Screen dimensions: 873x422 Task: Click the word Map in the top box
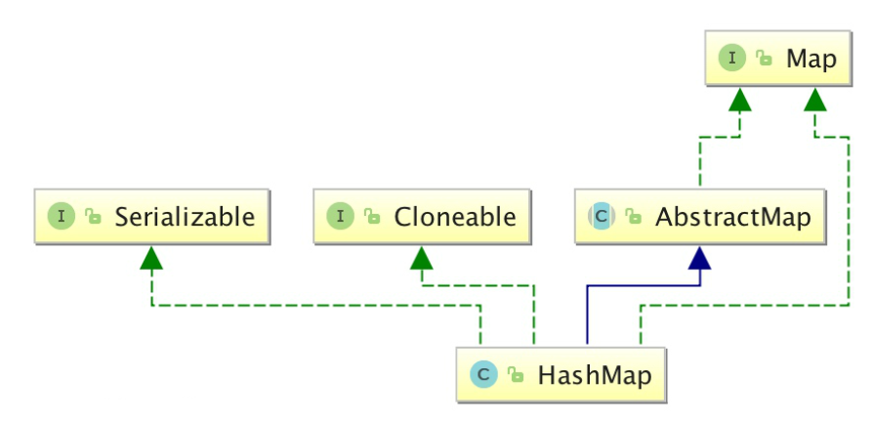[x=811, y=59]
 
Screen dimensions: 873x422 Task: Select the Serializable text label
[x=185, y=217]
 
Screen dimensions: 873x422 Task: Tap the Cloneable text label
[x=455, y=217]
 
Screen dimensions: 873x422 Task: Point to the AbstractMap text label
[x=732, y=217]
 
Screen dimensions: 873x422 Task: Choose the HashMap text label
[x=595, y=375]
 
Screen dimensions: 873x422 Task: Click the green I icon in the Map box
[x=731, y=58]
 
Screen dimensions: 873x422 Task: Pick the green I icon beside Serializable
[x=62, y=217]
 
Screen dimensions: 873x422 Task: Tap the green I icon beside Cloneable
[x=340, y=217]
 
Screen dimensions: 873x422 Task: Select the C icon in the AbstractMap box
[x=602, y=217]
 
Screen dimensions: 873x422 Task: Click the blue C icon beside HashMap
[x=483, y=375]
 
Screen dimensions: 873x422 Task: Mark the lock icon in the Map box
[x=764, y=58]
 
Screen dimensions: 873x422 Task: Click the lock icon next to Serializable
[x=93, y=216]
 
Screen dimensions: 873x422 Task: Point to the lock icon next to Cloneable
[x=372, y=216]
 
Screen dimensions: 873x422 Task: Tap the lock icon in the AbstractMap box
[x=633, y=216]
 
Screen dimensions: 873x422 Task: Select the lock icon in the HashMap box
[x=516, y=375]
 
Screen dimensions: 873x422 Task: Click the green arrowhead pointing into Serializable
[x=151, y=258]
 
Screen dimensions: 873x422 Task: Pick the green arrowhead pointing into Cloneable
[x=422, y=258]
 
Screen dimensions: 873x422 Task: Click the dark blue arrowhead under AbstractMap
[x=700, y=258]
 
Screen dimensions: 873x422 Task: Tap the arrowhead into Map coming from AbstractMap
[x=739, y=100]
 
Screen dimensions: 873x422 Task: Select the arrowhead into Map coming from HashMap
[x=815, y=100]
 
